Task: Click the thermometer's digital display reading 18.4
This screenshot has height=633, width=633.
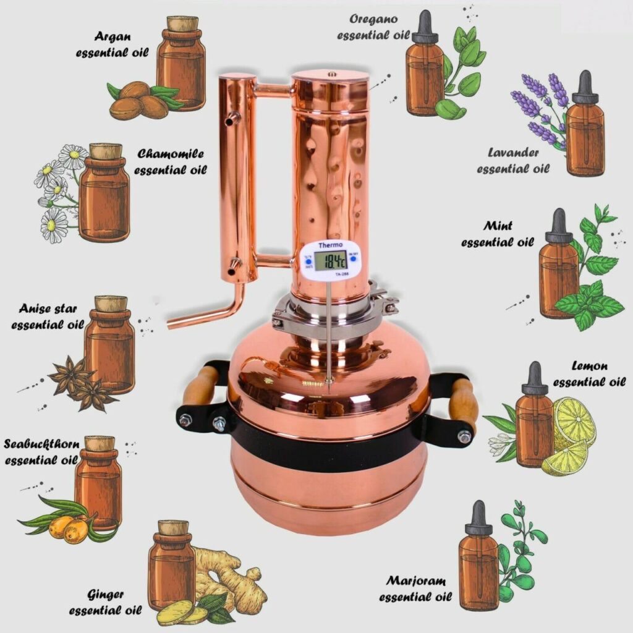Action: pyautogui.click(x=329, y=261)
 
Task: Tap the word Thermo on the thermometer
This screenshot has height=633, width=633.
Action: pyautogui.click(x=329, y=245)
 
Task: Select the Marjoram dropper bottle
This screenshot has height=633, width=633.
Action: pyautogui.click(x=478, y=563)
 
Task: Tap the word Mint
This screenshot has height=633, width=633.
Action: pyautogui.click(x=498, y=226)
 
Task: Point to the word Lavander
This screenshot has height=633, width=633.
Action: pyautogui.click(x=513, y=153)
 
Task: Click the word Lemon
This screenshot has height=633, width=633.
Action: pyautogui.click(x=589, y=366)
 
